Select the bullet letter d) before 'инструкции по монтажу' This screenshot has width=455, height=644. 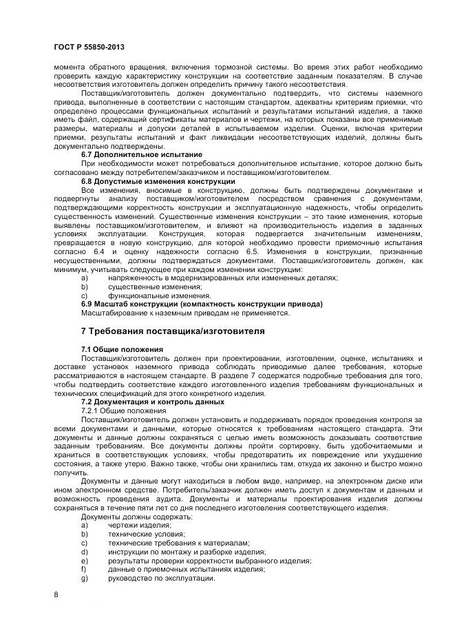pos(85,552)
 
